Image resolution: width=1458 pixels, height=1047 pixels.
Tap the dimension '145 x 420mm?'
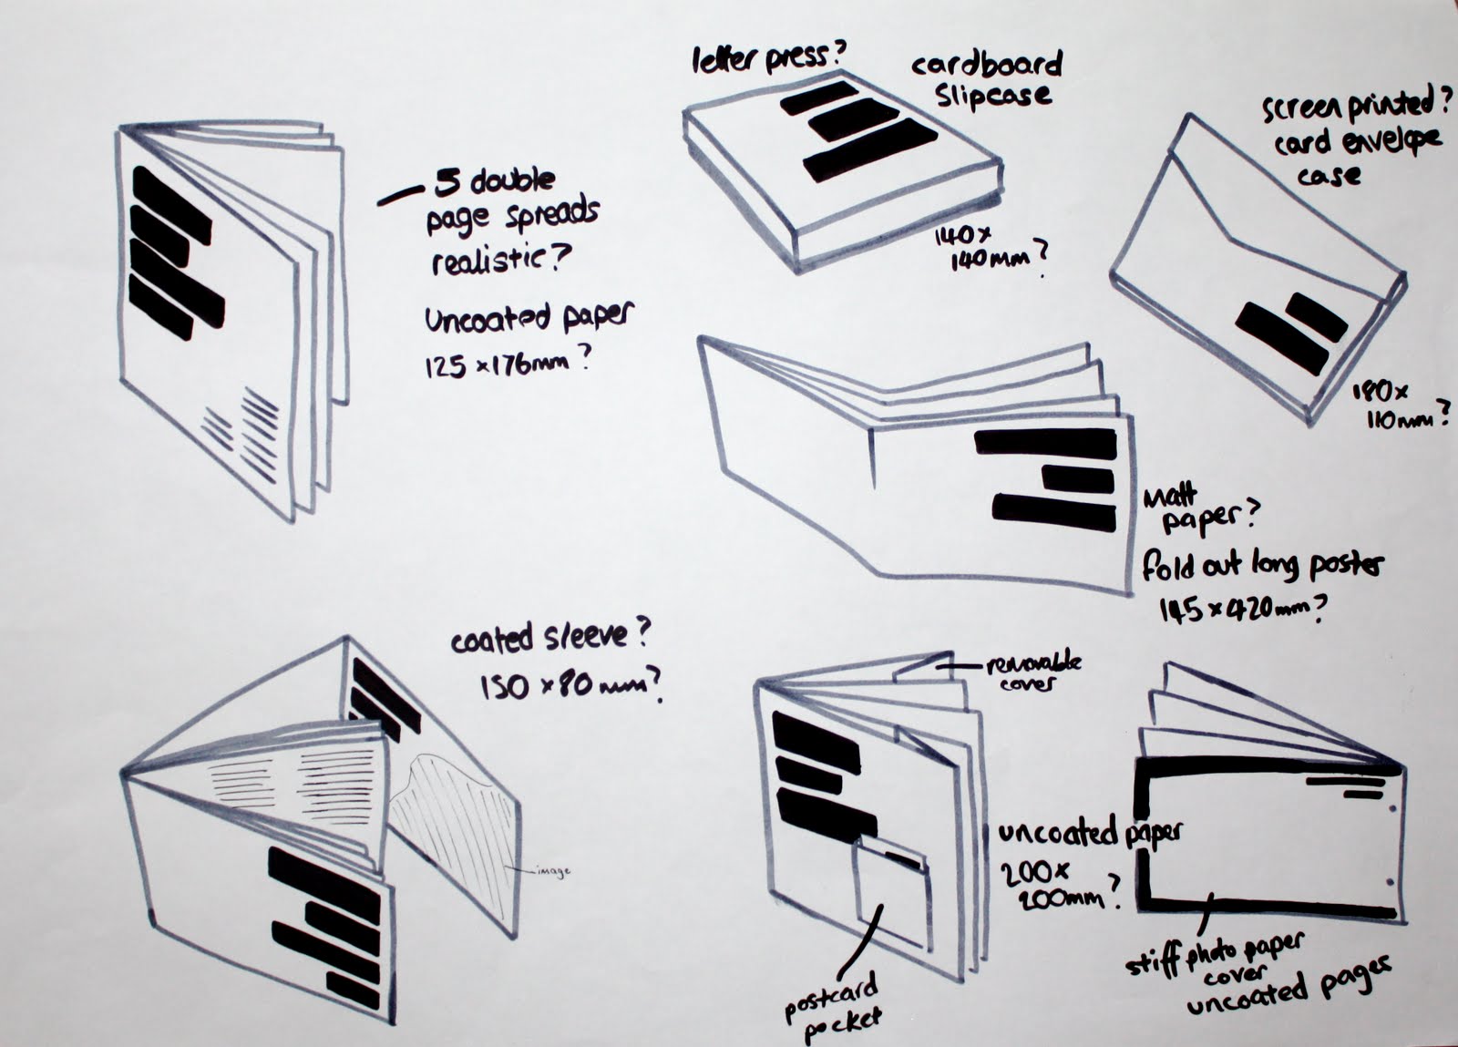point(1240,608)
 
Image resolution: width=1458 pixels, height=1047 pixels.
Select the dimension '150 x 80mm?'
point(569,685)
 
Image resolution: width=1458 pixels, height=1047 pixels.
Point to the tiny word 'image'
point(553,871)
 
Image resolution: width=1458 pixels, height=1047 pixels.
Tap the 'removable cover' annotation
point(1032,672)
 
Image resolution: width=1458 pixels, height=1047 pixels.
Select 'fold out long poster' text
point(1262,565)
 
